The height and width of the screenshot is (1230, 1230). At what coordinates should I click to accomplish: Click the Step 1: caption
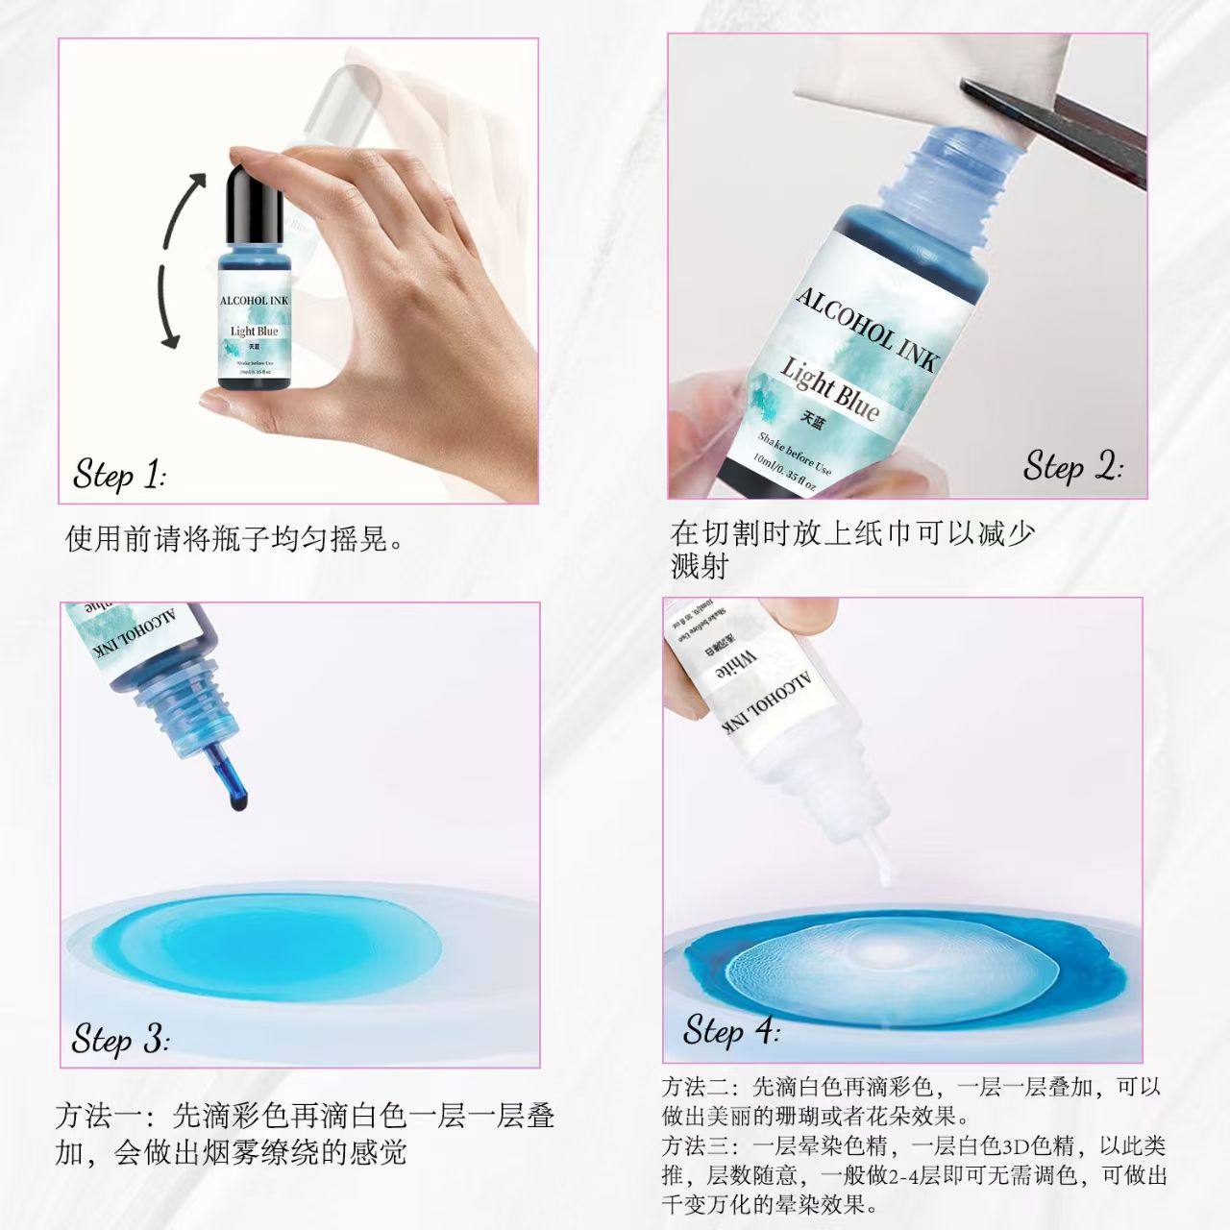120,475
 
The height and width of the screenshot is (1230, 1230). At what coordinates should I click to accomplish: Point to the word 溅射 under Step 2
700,567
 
